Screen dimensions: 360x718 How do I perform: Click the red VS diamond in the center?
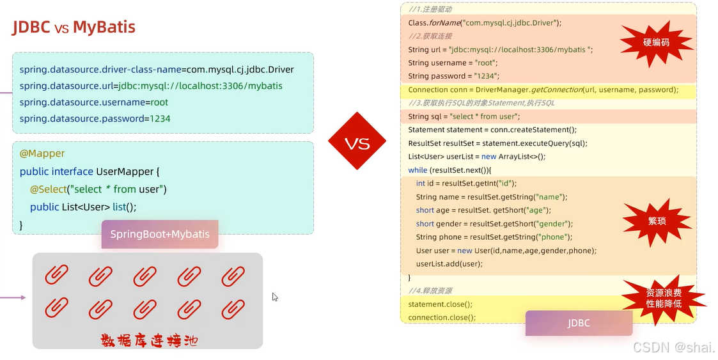point(357,142)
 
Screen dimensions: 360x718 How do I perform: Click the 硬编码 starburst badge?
point(656,43)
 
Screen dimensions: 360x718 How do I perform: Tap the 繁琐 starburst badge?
point(656,221)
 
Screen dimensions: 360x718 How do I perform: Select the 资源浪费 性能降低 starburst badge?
point(663,298)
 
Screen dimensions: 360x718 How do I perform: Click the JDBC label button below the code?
point(579,323)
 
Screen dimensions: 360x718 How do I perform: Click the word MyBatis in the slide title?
point(104,27)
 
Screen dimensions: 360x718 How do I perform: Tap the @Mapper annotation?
point(42,153)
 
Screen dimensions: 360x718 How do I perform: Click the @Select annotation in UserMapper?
point(48,189)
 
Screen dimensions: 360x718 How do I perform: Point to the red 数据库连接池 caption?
point(149,340)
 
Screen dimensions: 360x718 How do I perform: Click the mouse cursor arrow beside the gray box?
point(275,297)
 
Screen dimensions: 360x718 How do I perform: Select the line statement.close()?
point(441,304)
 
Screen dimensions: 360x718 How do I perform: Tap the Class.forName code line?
point(485,23)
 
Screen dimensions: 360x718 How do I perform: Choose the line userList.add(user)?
point(449,263)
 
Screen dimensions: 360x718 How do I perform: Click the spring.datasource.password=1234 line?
point(95,118)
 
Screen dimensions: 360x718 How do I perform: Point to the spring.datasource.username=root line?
point(94,102)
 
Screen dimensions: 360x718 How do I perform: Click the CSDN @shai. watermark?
point(674,347)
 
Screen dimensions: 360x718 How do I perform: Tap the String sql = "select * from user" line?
point(464,116)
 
